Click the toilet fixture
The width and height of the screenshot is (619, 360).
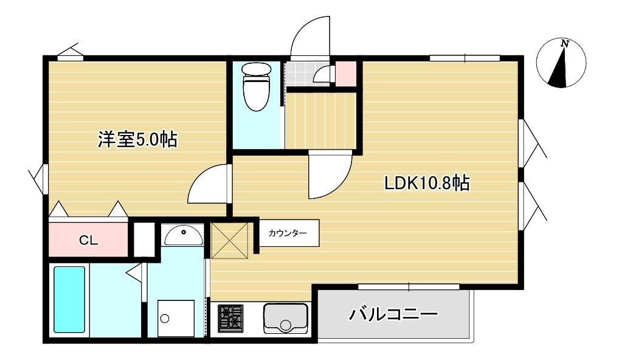(x=256, y=86)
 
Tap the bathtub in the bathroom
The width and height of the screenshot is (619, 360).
(x=69, y=300)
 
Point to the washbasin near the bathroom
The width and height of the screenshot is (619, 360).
(x=184, y=236)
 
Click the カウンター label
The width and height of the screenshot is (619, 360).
(x=288, y=234)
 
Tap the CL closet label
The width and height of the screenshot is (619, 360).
(x=88, y=240)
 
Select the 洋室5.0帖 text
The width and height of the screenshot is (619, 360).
(x=137, y=140)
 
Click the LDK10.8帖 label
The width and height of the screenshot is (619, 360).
(x=427, y=183)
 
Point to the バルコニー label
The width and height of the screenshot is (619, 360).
(x=393, y=314)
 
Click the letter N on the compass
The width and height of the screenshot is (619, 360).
(x=565, y=43)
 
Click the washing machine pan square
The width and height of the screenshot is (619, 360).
(x=176, y=318)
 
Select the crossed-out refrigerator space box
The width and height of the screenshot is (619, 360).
(x=230, y=241)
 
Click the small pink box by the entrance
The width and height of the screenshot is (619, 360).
(x=346, y=74)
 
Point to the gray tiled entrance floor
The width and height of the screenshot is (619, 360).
(x=306, y=74)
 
